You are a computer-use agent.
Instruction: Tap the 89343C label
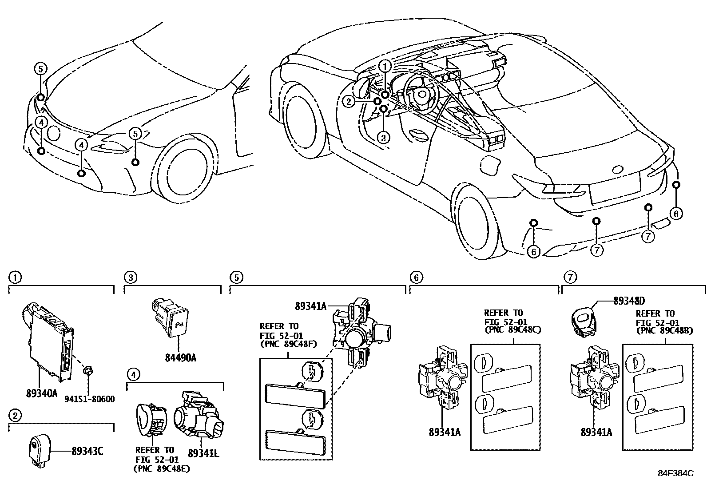[x=87, y=452]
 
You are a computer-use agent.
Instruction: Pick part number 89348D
[x=632, y=301]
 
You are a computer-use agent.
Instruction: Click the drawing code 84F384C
[x=676, y=473]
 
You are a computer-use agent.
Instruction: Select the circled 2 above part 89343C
[x=15, y=416]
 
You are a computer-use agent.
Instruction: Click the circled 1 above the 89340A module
[x=15, y=278]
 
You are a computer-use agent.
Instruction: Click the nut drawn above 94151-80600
[x=87, y=371]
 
